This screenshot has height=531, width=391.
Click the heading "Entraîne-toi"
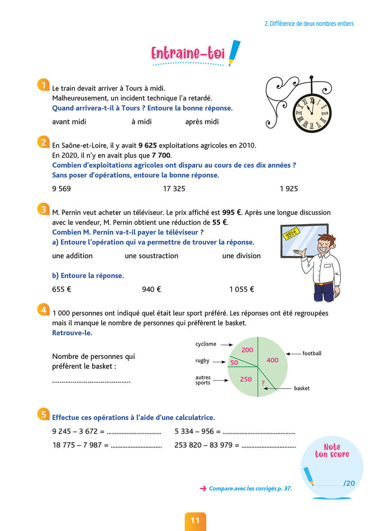(188, 54)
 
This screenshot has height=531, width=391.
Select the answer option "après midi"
(202, 122)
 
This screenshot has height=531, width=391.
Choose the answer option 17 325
(174, 189)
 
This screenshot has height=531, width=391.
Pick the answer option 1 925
(289, 189)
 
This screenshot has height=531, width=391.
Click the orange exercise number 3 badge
(43, 210)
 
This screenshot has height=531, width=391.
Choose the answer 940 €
(151, 290)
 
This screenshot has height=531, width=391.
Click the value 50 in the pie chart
(234, 363)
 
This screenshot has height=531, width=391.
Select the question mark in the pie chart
(263, 383)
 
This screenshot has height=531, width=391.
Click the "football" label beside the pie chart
(312, 354)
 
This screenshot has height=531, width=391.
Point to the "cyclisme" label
(206, 344)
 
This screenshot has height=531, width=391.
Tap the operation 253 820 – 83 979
(206, 445)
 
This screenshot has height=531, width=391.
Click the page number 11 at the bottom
(195, 520)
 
